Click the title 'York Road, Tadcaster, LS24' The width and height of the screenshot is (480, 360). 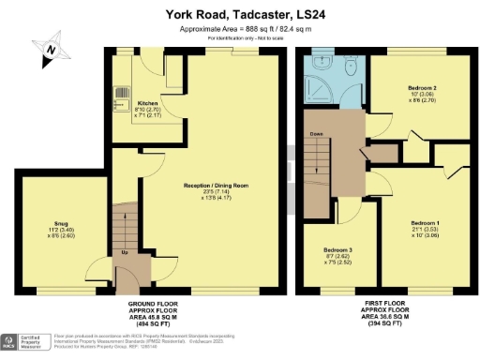[239, 14]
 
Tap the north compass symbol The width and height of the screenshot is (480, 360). [52, 50]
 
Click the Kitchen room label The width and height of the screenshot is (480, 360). [147, 103]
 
